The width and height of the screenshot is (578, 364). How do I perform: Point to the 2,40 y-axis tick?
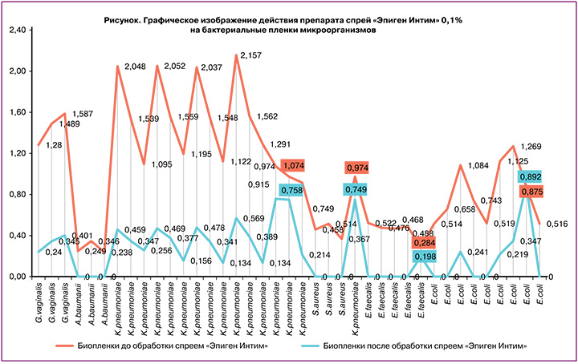click(x=16, y=30)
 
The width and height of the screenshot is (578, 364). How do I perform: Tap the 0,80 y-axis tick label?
click(x=16, y=195)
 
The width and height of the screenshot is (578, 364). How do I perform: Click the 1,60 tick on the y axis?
click(x=16, y=113)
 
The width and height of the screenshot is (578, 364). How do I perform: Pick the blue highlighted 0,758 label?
click(x=294, y=190)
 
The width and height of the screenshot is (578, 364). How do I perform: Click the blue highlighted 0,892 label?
click(x=531, y=176)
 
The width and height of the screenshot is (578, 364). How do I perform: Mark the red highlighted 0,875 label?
click(x=531, y=191)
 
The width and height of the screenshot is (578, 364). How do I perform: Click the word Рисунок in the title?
click(x=123, y=18)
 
